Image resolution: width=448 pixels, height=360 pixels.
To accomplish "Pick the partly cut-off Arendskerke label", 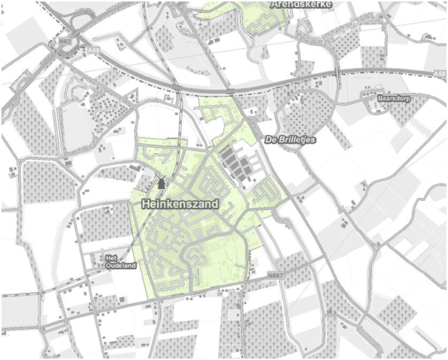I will [x=301, y=4].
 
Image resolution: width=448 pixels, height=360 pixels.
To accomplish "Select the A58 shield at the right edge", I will [x=440, y=74].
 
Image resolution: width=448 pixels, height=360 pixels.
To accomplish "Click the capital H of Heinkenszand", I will [x=144, y=200].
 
